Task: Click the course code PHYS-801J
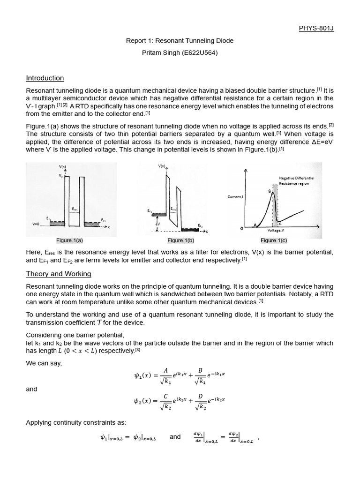tap(316, 28)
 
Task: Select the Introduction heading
tap(45, 78)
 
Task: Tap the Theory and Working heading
tap(59, 274)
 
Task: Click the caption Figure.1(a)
tap(69, 240)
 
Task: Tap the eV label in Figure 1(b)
tap(157, 224)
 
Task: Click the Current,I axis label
tap(235, 197)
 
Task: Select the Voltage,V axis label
tap(274, 230)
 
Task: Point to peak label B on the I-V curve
tap(269, 190)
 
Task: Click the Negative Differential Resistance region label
tap(296, 181)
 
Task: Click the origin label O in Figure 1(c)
tap(242, 229)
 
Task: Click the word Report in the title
tap(136, 41)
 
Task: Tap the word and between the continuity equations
tap(175, 437)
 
